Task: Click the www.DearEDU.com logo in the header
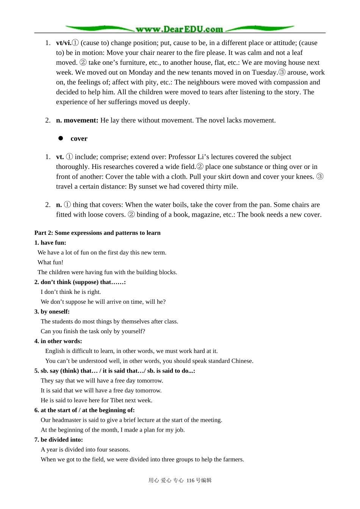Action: pyautogui.click(x=180, y=29)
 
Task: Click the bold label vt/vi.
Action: pyautogui.click(x=64, y=43)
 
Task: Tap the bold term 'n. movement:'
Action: pyautogui.click(x=77, y=120)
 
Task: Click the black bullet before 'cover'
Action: pyautogui.click(x=61, y=138)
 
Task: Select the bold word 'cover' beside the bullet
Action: pyautogui.click(x=79, y=139)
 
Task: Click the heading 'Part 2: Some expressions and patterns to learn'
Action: pyautogui.click(x=97, y=233)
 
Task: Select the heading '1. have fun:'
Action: pyautogui.click(x=50, y=243)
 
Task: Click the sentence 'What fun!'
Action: pyautogui.click(x=50, y=262)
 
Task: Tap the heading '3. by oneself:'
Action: pyautogui.click(x=52, y=312)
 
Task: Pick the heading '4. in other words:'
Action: pyautogui.click(x=58, y=341)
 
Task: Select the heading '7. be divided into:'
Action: pyautogui.click(x=58, y=440)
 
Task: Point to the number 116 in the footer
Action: pyautogui.click(x=190, y=481)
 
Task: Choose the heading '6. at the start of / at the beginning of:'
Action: pyautogui.click(x=84, y=410)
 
